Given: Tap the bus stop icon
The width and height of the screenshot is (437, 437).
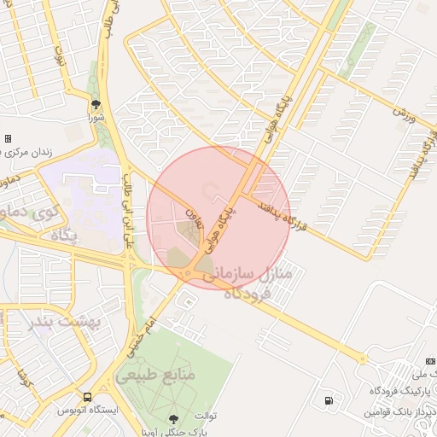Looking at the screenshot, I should [x=88, y=397].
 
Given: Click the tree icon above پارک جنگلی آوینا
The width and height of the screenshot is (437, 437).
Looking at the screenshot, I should [x=174, y=418].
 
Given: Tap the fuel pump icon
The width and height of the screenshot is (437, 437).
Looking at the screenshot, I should [x=328, y=400].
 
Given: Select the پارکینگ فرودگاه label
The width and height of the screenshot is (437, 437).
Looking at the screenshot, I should [x=402, y=390].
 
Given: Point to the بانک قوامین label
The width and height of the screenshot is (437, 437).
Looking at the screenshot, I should [x=401, y=412].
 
